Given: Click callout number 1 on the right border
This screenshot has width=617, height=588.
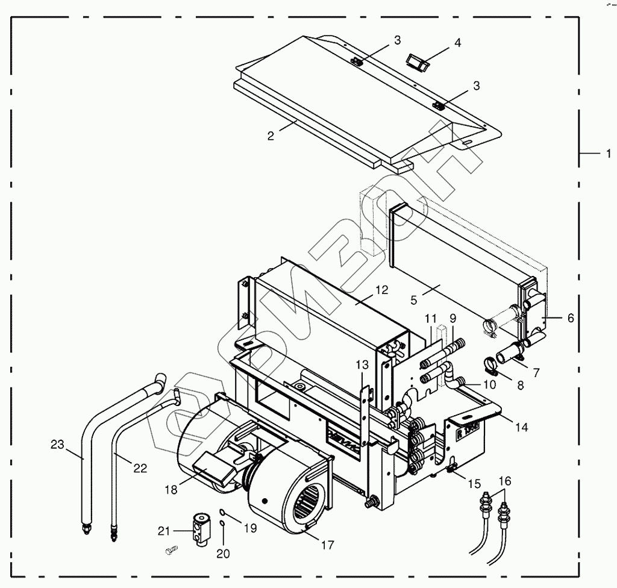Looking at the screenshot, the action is point(608,154).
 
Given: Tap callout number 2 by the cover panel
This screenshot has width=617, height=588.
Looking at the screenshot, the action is point(271,136).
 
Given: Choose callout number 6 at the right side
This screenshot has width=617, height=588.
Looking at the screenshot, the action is point(571,317).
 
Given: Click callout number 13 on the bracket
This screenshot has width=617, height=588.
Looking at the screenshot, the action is point(361,364).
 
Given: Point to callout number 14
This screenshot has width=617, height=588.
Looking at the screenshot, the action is point(522,427).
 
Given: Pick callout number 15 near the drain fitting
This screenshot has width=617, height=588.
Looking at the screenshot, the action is point(475,483).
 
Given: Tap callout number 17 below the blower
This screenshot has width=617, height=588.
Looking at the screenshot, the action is point(327,546).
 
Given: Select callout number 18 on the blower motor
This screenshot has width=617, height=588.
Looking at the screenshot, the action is point(171,490).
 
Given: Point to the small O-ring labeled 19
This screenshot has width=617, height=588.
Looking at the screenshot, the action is point(222,512).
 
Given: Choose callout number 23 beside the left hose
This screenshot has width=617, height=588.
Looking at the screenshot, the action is point(57,445).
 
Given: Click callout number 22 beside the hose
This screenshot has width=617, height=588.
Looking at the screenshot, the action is point(140,468).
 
